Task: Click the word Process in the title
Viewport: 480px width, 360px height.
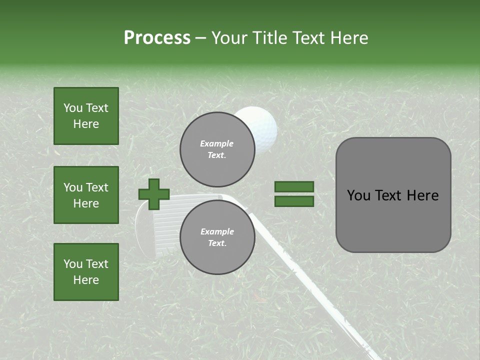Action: pyautogui.click(x=157, y=38)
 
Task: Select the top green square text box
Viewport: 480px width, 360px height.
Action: pyautogui.click(x=86, y=116)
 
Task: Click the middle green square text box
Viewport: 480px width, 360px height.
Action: pyautogui.click(x=86, y=195)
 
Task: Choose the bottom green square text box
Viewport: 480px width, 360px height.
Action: pyautogui.click(x=86, y=272)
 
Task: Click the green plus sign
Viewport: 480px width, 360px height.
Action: pyautogui.click(x=154, y=194)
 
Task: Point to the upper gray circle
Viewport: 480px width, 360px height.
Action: pyautogui.click(x=216, y=149)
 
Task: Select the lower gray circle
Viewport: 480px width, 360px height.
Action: pyautogui.click(x=216, y=237)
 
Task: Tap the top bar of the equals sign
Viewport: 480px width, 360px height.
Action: pyautogui.click(x=294, y=187)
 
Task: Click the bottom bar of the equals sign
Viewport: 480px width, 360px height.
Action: pyautogui.click(x=294, y=201)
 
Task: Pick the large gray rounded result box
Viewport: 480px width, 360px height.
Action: pyautogui.click(x=393, y=195)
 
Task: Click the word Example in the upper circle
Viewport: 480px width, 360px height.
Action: pyautogui.click(x=216, y=143)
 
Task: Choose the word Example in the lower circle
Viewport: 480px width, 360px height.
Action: pyautogui.click(x=217, y=231)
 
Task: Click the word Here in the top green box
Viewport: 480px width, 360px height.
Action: pyautogui.click(x=86, y=124)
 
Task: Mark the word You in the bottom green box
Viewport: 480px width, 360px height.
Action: pyautogui.click(x=73, y=264)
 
